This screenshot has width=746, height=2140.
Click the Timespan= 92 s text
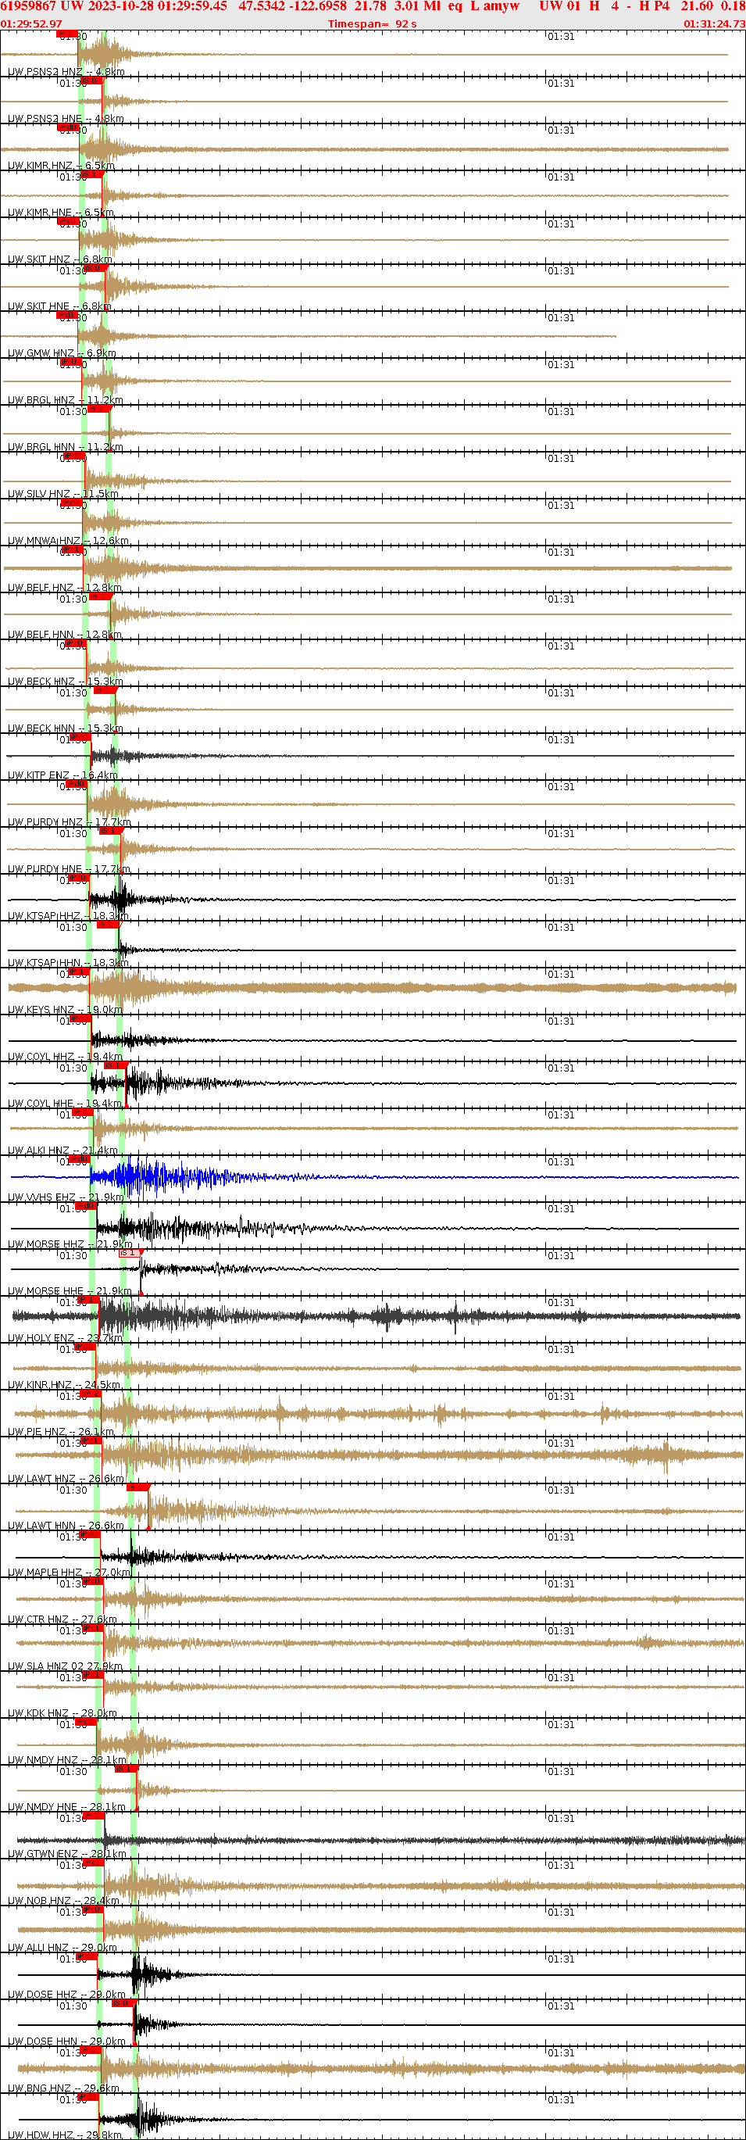click(372, 24)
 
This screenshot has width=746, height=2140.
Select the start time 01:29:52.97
click(31, 24)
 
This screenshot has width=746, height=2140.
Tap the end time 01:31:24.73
click(715, 24)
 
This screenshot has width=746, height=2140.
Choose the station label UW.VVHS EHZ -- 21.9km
click(66, 1197)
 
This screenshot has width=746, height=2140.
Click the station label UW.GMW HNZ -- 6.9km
click(62, 353)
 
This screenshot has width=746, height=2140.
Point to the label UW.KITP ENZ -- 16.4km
click(62, 775)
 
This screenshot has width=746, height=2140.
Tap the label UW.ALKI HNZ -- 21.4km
click(62, 1151)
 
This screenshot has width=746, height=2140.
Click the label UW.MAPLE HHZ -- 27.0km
click(70, 1572)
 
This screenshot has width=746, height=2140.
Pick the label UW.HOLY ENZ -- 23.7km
click(65, 1337)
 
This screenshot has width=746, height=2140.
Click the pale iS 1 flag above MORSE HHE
click(130, 1253)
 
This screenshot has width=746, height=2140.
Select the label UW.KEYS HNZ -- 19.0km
click(65, 1009)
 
